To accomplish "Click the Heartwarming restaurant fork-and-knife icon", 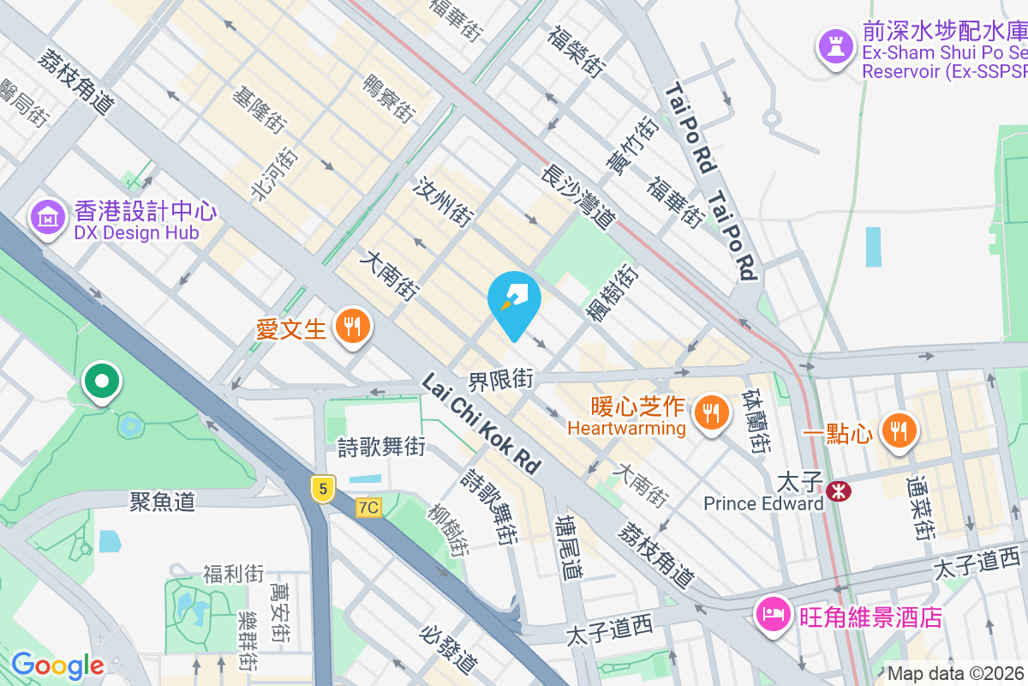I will pos(711,414).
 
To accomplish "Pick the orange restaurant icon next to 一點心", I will pos(898,432).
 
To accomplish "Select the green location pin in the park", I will pos(102,382).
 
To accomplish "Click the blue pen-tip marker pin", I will pos(514,302).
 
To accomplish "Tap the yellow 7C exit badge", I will pos(368,508).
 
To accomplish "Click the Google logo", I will pos(57,665).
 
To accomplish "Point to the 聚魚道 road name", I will pos(163,502).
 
